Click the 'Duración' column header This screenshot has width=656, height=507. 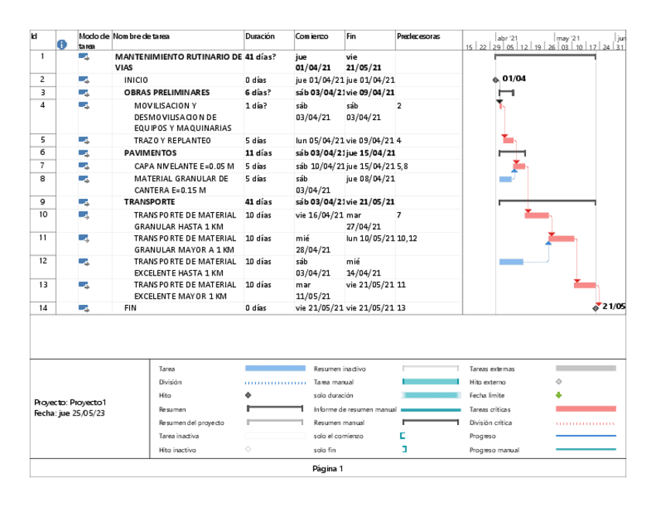coord(259,36)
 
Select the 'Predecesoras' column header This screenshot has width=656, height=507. coord(418,36)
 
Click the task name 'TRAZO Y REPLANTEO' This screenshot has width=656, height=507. coord(172,141)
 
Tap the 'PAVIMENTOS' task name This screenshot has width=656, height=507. coord(150,153)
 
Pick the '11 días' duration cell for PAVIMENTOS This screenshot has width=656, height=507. coord(258,153)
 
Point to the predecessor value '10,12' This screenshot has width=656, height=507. coord(407,238)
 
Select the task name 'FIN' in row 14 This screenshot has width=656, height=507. coord(130,308)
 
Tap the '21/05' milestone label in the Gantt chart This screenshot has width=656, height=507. coord(613,307)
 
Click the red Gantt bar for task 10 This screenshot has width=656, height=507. coord(537,214)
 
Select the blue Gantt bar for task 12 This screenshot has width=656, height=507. coord(511,262)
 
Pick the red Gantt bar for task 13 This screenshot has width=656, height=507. coord(585,285)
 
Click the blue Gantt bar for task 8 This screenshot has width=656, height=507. coord(505,179)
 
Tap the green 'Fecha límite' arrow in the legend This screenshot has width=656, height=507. coord(559,395)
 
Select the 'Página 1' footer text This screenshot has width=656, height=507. coord(327,468)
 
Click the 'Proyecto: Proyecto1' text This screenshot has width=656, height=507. coord(70,403)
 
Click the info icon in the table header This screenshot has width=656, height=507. coord(63,45)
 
